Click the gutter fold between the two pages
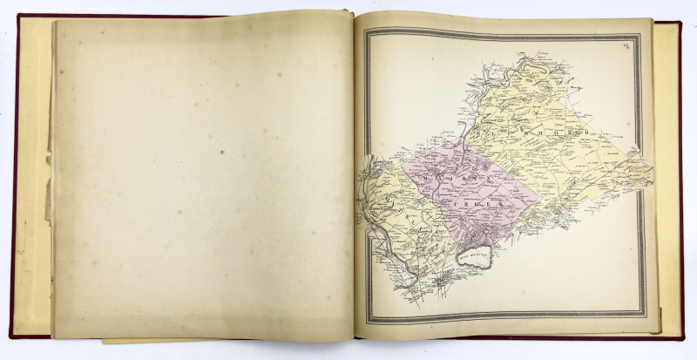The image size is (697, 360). point(352,174)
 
